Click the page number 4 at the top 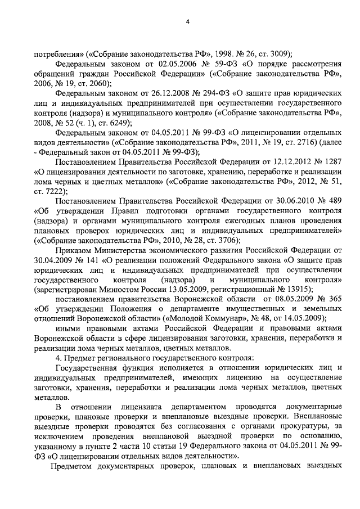point(187,22)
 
